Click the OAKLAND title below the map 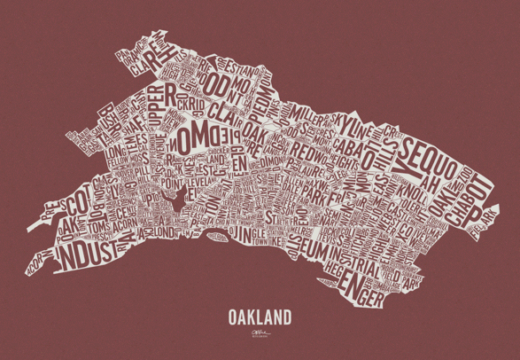coord(260,315)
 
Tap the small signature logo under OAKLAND coord(260,334)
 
